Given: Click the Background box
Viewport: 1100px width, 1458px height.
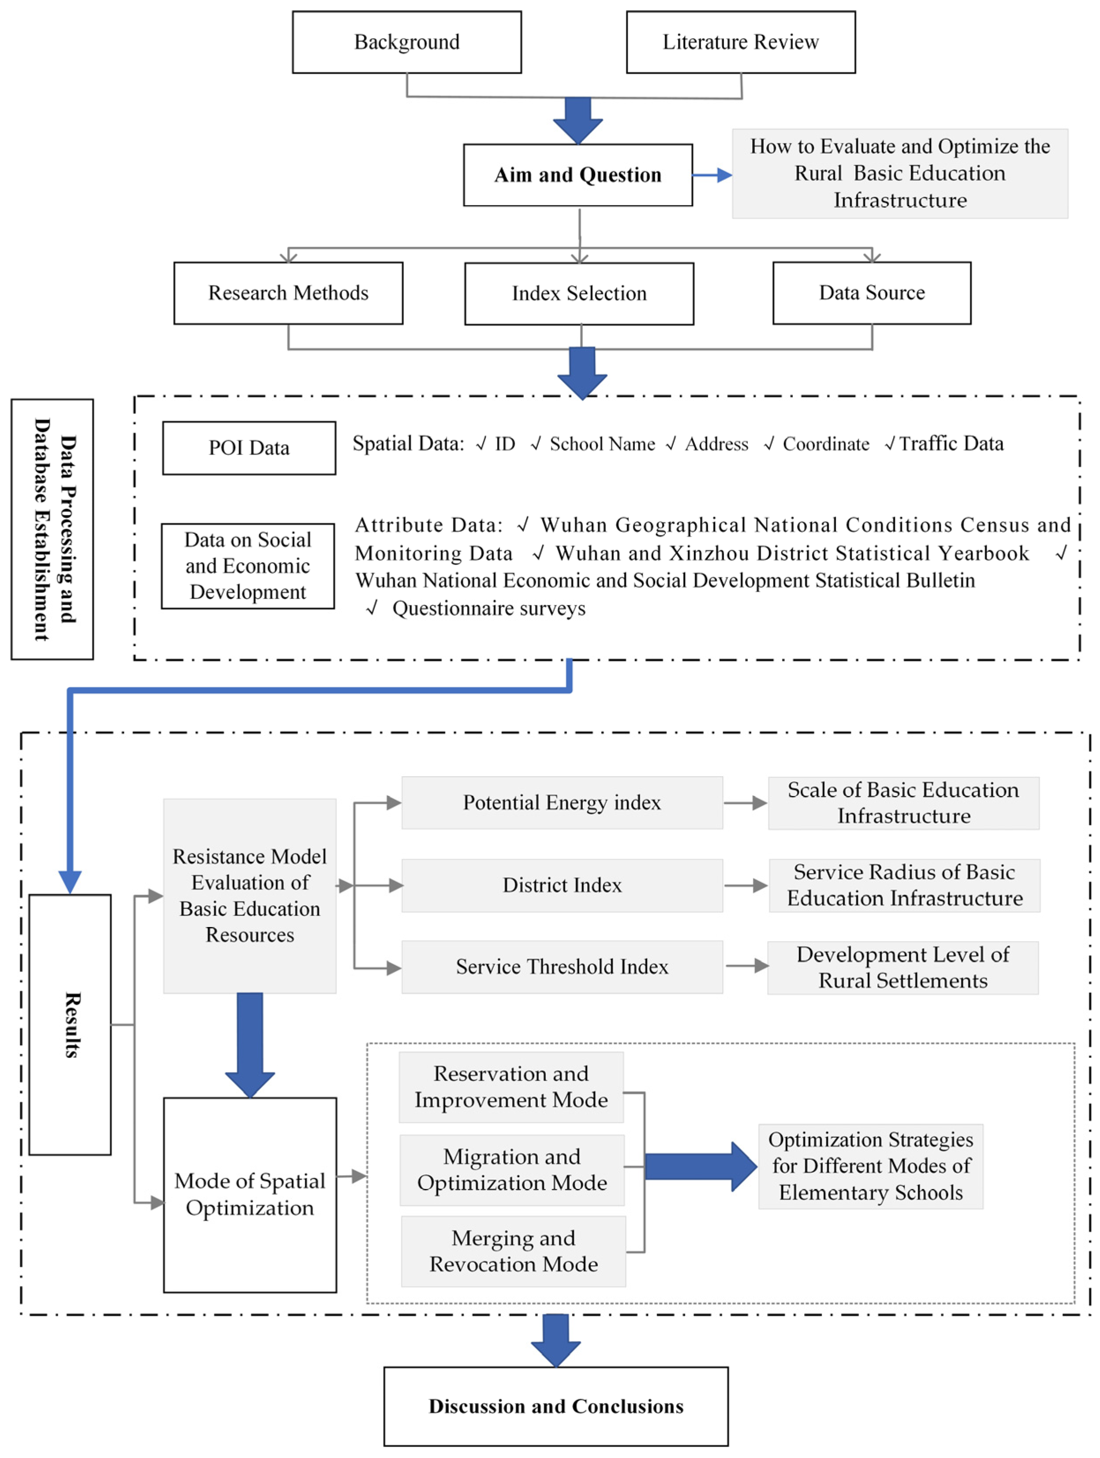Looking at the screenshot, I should click(406, 42).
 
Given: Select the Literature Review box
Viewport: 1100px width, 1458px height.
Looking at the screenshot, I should click(740, 42).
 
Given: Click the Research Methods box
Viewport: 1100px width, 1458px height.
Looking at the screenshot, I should click(288, 293).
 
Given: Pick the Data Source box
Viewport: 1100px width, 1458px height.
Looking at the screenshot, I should click(871, 293).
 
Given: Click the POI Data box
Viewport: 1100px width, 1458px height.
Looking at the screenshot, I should click(249, 448).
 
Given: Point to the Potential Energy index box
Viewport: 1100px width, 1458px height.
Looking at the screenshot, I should click(562, 803).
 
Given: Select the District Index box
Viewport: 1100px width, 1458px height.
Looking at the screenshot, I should click(562, 885).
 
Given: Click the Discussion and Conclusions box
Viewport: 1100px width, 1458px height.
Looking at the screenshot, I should click(556, 1406).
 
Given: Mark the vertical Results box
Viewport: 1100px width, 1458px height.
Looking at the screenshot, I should click(70, 1025).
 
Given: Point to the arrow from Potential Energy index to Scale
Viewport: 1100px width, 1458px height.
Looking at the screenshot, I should click(746, 803).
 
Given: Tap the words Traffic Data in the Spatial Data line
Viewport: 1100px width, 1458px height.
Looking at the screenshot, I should click(951, 444).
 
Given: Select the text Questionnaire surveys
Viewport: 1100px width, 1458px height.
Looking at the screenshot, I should click(488, 608).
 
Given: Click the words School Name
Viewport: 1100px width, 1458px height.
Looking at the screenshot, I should click(602, 444).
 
